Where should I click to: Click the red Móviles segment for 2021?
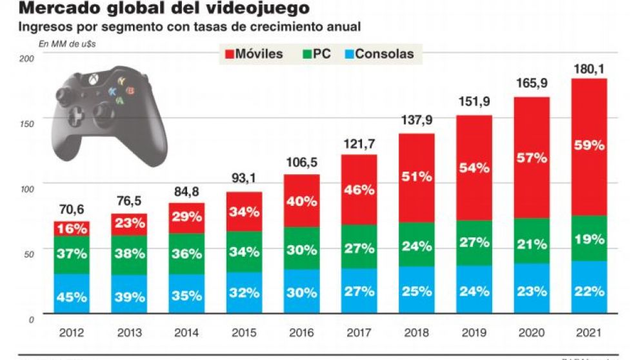coord(588,146)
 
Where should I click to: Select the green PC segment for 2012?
coord(71,254)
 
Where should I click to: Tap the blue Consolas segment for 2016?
coord(302,292)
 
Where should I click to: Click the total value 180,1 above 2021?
coord(588,69)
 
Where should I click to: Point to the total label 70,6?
coord(71,210)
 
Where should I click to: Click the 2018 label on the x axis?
coord(416,334)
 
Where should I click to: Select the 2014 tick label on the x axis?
coord(186,334)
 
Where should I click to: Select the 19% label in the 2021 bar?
coord(588,239)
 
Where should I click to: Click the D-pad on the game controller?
coord(77,114)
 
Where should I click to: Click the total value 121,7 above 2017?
coord(359,144)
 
